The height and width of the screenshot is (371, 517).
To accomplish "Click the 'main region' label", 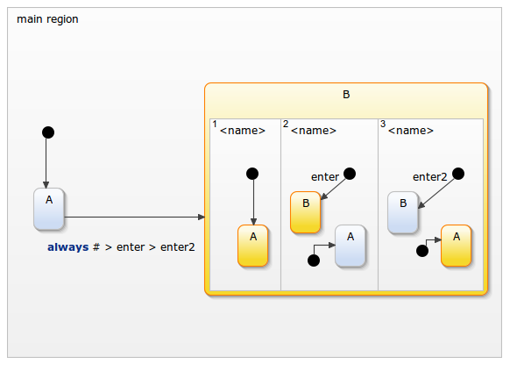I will tap(47, 19).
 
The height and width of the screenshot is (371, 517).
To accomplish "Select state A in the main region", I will tap(49, 209).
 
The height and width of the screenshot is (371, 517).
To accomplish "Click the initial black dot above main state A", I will tap(48, 132).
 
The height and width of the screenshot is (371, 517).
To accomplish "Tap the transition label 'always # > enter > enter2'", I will tap(121, 247).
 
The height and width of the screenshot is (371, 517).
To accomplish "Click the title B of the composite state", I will tap(346, 95).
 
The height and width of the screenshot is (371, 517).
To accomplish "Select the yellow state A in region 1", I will tap(253, 246).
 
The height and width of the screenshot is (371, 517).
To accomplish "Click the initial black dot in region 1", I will tap(252, 173).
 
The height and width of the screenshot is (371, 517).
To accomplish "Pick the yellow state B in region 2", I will tap(306, 212).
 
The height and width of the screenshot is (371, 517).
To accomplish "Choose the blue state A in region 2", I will tap(351, 246).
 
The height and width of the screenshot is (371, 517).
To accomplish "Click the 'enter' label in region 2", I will tap(325, 177).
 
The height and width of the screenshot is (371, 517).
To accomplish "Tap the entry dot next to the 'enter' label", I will tap(350, 174).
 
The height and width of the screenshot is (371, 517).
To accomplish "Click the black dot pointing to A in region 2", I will tap(314, 260).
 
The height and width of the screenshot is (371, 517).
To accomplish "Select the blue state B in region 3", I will tap(403, 212).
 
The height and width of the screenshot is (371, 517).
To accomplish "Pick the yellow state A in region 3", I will tap(456, 246).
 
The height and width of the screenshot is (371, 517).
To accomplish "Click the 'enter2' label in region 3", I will tap(430, 177).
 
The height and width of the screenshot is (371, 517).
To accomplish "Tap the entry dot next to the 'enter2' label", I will tap(457, 174).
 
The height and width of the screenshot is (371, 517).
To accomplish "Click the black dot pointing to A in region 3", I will tap(421, 251).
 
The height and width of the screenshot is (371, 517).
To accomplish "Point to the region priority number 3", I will tap(383, 125).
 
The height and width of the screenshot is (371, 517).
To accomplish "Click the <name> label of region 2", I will tap(313, 131).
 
